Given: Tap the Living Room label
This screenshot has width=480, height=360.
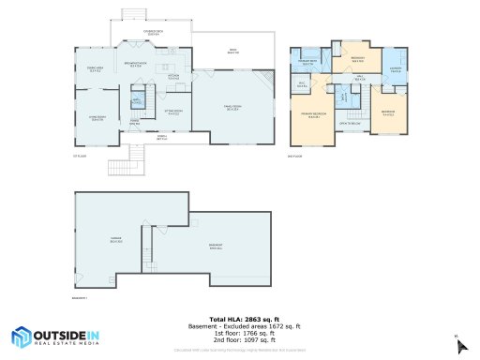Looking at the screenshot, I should click(97, 118).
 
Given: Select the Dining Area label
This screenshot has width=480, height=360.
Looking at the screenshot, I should click(95, 69).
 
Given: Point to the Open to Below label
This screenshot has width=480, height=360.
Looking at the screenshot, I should click(351, 123).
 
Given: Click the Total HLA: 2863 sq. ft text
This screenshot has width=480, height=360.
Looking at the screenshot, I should click(240, 320).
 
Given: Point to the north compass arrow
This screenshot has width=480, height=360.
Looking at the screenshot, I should click(459, 345).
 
